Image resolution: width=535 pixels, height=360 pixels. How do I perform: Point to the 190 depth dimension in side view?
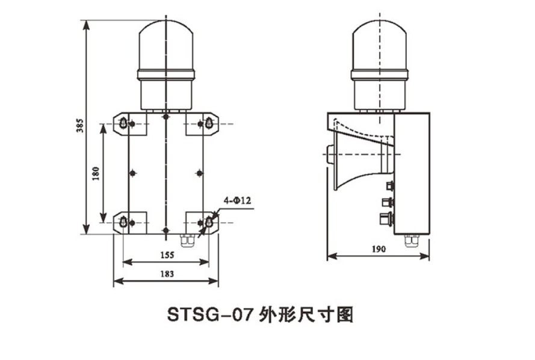(379, 249)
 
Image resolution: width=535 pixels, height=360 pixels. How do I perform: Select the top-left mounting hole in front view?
(123, 123)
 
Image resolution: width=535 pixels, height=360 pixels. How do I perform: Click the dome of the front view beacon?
(167, 45)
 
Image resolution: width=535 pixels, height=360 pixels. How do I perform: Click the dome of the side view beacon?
(380, 45)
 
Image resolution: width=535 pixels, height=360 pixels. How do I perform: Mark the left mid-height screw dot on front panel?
(132, 173)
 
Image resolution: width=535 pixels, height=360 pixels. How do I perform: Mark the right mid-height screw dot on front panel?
(200, 173)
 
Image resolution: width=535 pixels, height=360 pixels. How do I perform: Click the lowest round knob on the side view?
(386, 217)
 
